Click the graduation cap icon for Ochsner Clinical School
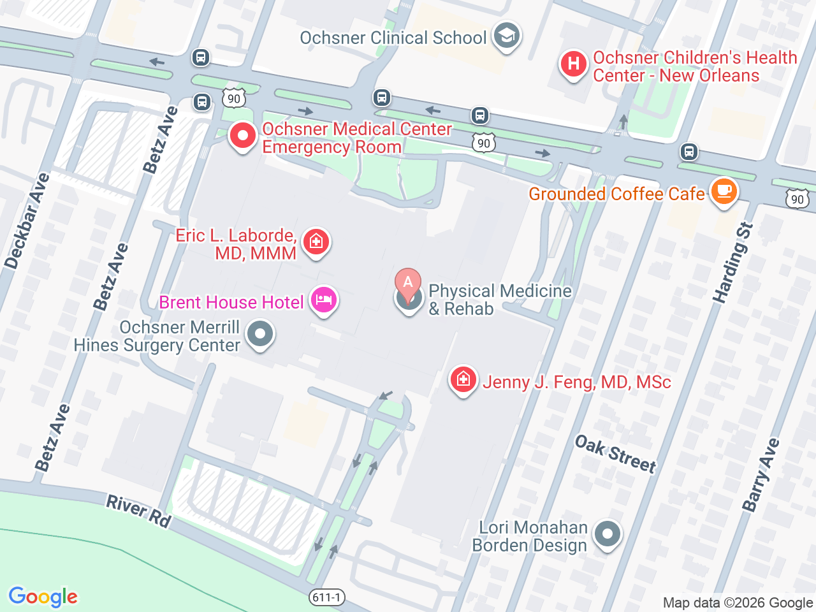click(507, 36)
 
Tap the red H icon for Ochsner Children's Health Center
click(573, 64)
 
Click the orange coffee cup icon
click(724, 191)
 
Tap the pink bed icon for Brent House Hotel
click(324, 300)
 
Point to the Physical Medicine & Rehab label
click(499, 300)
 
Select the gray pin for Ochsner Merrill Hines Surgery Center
click(259, 334)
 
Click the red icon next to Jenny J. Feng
click(463, 380)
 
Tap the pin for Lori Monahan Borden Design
click(607, 534)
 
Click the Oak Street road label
click(615, 454)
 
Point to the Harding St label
click(732, 263)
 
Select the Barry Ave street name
click(761, 474)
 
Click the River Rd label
click(138, 512)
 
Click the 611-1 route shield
click(327, 597)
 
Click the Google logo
click(43, 597)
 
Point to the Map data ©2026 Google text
click(737, 603)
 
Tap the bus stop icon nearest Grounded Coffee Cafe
click(688, 152)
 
